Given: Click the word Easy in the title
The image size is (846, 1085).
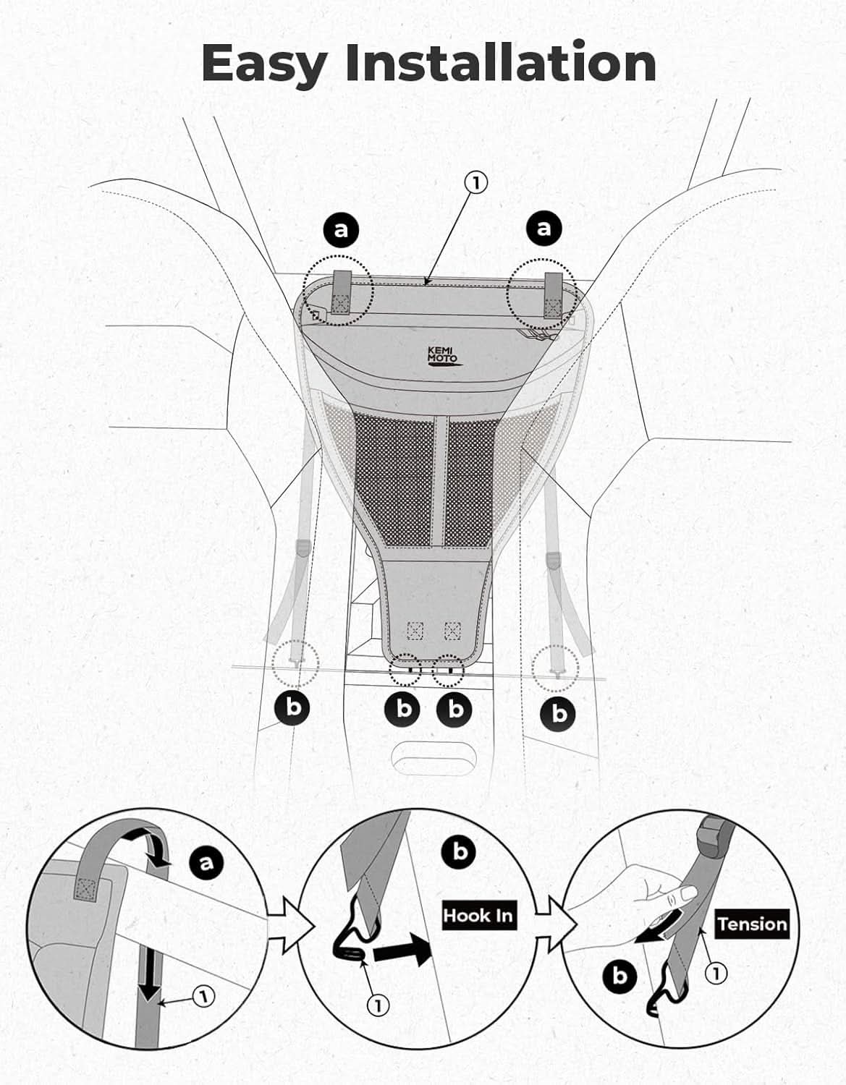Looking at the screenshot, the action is pos(265,65).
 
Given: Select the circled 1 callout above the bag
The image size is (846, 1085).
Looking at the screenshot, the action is pos(475,184).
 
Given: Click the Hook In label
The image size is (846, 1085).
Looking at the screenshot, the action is pos(478,915).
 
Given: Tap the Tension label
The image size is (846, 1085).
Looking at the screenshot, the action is pos(753,924).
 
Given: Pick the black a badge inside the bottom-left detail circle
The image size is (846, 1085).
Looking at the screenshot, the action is pos(206,861).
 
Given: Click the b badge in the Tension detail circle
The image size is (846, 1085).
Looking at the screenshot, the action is pos(619,977).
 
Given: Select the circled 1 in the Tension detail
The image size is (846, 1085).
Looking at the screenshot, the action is pos(716,973).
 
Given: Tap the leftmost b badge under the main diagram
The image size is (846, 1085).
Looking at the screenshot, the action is pos(292,707).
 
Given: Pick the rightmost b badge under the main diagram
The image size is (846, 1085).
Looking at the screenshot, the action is pos(559,714).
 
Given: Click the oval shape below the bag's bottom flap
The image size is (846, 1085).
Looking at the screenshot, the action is pos(434,759).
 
